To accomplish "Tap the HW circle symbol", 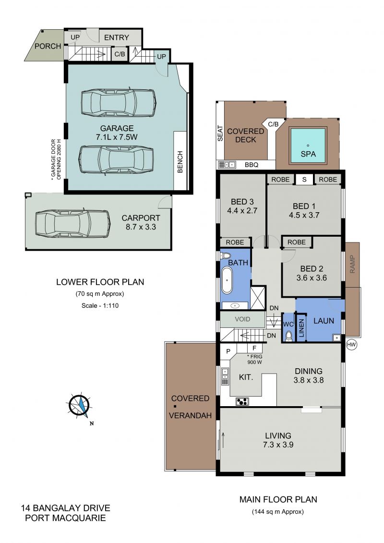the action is coord(351,345).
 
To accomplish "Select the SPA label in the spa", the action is coord(308,154).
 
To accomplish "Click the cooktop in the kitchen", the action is coord(242,402).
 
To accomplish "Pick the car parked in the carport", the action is coord(72,224).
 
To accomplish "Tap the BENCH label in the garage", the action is coord(180,162).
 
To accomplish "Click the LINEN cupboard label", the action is coord(301,328).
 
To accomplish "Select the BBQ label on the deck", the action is coord(252,165).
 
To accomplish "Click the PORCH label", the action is coord(48,46).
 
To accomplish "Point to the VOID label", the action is coord(242,319).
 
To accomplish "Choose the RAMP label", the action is coord(352,264).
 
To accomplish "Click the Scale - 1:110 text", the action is coord(100,305).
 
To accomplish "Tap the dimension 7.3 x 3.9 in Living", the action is coord(278,445).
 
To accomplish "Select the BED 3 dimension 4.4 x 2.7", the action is coord(242,211).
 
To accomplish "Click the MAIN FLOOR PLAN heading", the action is coord(278,499).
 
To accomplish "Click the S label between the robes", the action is coord(304,180).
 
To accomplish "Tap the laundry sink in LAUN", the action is coord(336,338).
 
